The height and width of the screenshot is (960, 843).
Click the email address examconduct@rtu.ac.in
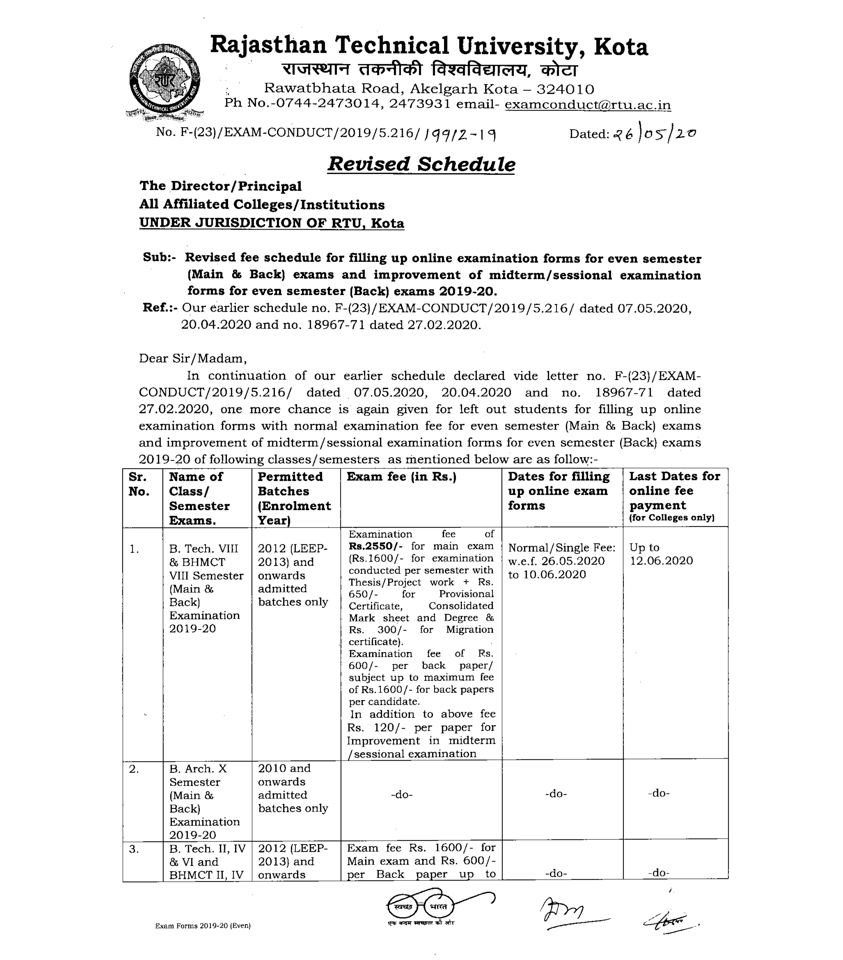[x=587, y=104]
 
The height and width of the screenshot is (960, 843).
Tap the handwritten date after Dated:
[x=654, y=134]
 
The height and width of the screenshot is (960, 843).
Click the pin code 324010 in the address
[x=565, y=89]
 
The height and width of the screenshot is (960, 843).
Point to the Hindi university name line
[x=429, y=70]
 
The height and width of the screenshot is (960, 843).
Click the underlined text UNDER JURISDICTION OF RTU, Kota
[x=272, y=223]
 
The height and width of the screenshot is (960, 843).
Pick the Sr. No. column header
[x=139, y=484]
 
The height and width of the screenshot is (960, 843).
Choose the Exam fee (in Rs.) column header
[x=402, y=477]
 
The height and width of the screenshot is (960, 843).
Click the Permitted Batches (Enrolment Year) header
[x=294, y=498]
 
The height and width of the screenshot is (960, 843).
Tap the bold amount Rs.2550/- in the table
[x=376, y=546]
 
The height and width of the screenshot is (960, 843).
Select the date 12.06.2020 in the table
[x=661, y=561]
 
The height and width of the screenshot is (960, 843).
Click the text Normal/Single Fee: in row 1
[x=562, y=548]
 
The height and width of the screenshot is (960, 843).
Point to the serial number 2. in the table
[x=134, y=769]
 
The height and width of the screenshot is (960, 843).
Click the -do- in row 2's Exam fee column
[x=402, y=795]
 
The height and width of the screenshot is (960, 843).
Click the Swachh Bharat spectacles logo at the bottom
[x=421, y=906]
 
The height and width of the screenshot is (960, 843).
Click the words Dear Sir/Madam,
[x=193, y=359]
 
